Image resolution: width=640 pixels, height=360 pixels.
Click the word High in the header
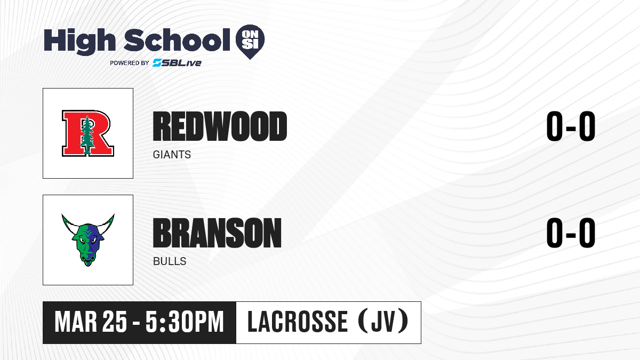[79, 41]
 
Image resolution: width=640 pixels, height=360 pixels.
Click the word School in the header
[177, 39]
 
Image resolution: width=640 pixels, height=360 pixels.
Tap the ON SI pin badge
[250, 42]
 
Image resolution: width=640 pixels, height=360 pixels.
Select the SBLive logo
[177, 62]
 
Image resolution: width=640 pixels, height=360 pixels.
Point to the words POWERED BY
[130, 63]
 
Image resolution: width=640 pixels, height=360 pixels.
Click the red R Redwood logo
[88, 133]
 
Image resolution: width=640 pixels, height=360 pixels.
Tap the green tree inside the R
[87, 135]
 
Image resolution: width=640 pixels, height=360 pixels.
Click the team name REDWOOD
[220, 126]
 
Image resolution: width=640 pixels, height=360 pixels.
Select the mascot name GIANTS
[172, 155]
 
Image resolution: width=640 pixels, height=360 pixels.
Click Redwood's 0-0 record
[571, 126]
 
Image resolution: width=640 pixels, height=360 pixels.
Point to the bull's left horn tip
[62, 214]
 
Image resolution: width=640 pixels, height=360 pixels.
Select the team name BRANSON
[217, 233]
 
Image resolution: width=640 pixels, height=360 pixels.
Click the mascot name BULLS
[170, 261]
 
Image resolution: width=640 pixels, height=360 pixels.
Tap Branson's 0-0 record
[571, 233]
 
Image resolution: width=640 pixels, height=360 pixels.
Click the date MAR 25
[91, 322]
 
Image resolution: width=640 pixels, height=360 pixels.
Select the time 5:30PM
[185, 322]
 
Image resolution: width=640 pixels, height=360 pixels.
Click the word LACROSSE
[298, 322]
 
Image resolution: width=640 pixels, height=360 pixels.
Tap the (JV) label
[383, 322]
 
